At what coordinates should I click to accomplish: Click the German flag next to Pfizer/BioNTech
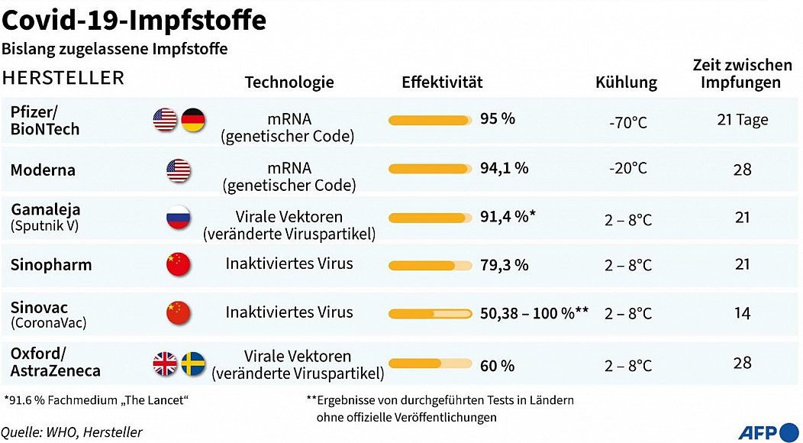194,120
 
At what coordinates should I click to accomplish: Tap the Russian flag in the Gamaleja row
179,218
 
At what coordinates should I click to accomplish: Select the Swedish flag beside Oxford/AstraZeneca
194,364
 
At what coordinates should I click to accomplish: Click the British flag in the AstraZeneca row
165,364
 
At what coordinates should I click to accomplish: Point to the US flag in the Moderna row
179,170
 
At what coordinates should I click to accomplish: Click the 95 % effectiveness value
498,119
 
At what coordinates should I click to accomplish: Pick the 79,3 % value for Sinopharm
504,265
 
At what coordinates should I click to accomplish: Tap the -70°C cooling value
628,121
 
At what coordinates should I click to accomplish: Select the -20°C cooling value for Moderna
628,168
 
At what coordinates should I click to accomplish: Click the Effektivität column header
442,82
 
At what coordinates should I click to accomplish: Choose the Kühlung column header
626,82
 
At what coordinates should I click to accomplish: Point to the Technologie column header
289,82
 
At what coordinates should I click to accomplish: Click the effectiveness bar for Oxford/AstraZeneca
431,364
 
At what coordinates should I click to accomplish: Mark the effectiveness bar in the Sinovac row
431,313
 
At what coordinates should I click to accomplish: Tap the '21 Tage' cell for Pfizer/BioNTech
742,120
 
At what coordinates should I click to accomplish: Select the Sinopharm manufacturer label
51,265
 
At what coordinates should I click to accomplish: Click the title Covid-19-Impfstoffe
134,20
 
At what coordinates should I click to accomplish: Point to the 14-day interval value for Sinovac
742,313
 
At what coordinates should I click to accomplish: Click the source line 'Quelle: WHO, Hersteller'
72,432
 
